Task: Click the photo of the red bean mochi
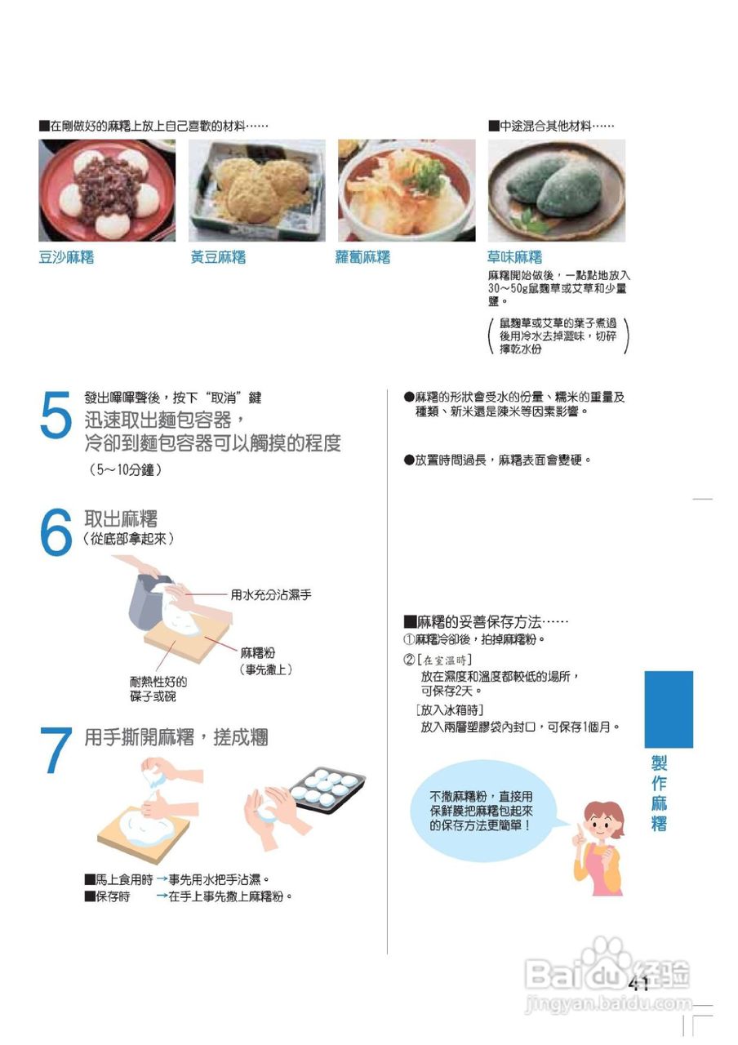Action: click(107, 190)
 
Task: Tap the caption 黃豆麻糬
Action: click(218, 258)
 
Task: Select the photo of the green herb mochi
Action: click(556, 190)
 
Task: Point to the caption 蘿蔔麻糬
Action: click(362, 258)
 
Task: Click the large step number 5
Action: click(56, 416)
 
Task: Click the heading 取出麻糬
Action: click(121, 518)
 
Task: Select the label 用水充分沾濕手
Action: click(270, 595)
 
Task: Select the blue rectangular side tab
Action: click(668, 709)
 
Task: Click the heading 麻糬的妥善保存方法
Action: click(486, 621)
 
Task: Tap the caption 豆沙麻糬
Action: click(66, 258)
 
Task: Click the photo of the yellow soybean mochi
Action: click(257, 190)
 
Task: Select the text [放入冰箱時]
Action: click(450, 709)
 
